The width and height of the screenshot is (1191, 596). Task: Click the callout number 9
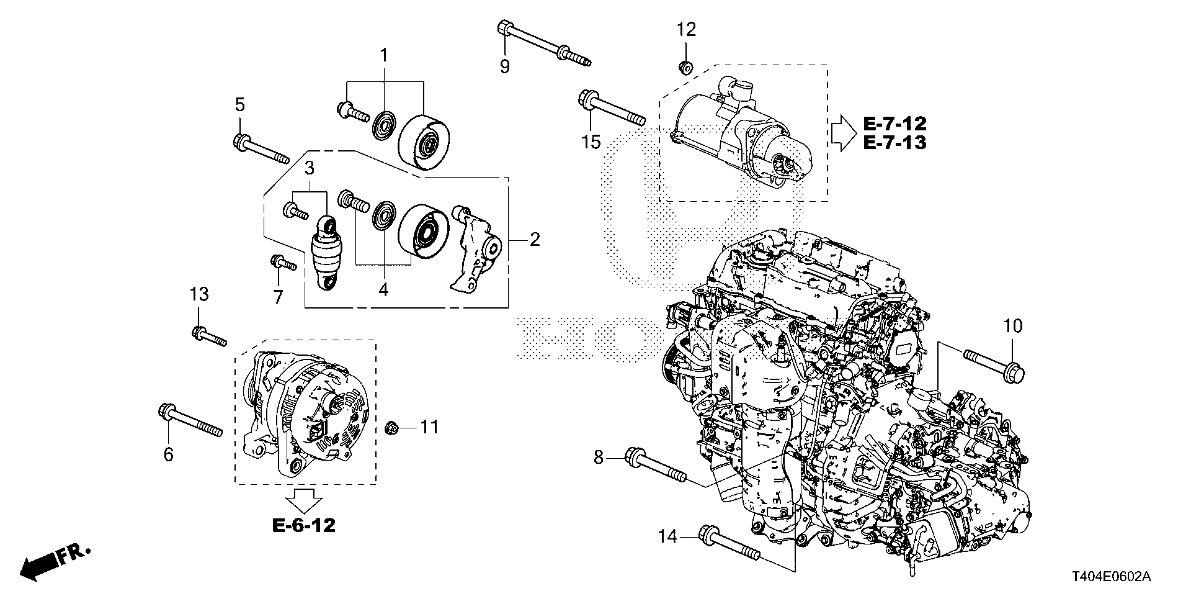pyautogui.click(x=504, y=66)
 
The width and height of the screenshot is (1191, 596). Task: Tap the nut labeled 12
pyautogui.click(x=686, y=66)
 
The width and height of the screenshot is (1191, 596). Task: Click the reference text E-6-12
pyautogui.click(x=304, y=526)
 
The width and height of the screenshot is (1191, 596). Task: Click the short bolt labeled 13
pyautogui.click(x=208, y=336)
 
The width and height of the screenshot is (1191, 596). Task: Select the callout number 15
pyautogui.click(x=591, y=142)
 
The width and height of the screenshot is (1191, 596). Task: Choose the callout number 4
pyautogui.click(x=383, y=289)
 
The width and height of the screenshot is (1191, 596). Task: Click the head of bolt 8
pyautogui.click(x=633, y=458)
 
